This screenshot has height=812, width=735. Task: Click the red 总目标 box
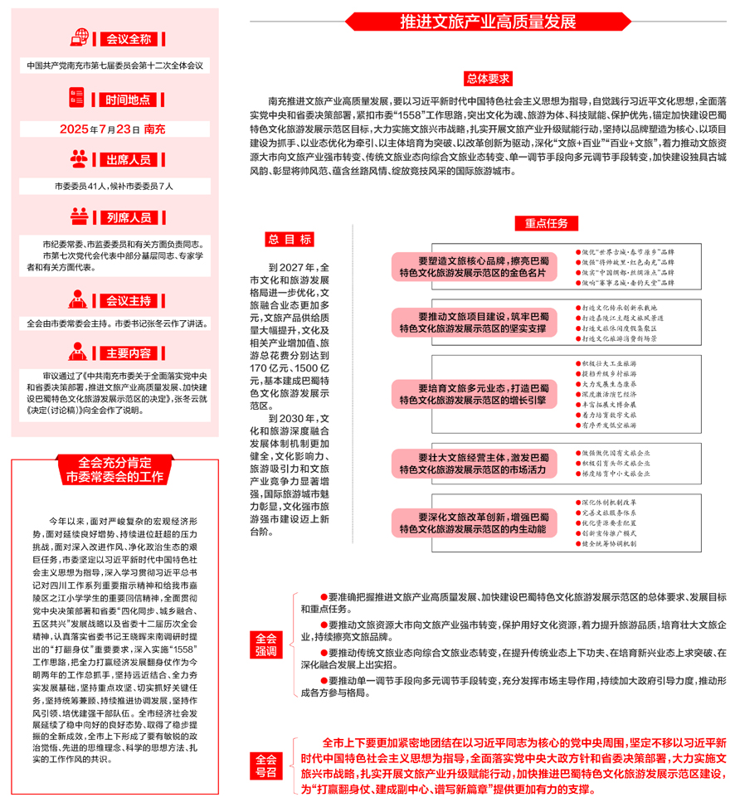click(x=289, y=240)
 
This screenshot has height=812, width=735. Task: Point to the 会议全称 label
click(x=129, y=38)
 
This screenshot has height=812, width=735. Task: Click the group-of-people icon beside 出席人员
click(x=80, y=158)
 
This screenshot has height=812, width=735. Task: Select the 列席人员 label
click(x=129, y=218)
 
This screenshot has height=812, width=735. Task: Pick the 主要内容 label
click(x=129, y=353)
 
